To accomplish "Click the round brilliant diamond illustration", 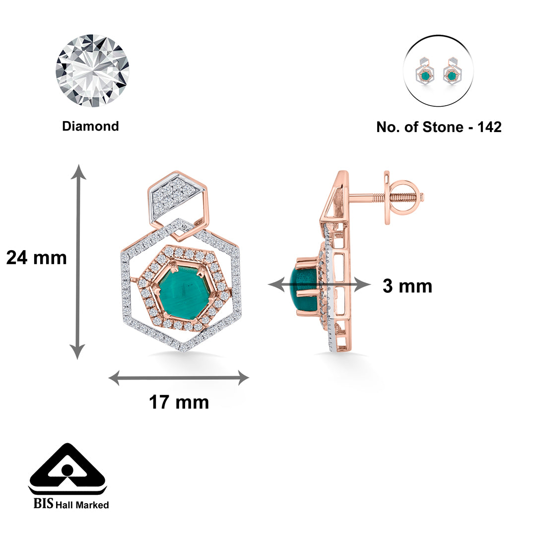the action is coord(92,70).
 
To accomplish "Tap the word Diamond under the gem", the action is coord(91,126).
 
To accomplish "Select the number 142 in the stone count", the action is coord(489,127).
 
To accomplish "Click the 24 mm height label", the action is coord(37,258).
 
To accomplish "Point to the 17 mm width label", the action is coord(179,402).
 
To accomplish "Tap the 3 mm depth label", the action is coord(407,286).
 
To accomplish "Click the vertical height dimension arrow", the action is coord(78,262).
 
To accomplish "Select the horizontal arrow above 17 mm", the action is coord(179,378).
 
